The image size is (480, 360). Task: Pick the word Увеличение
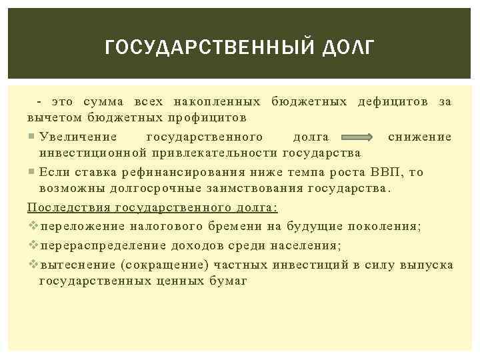78,137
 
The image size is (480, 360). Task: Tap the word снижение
419,137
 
